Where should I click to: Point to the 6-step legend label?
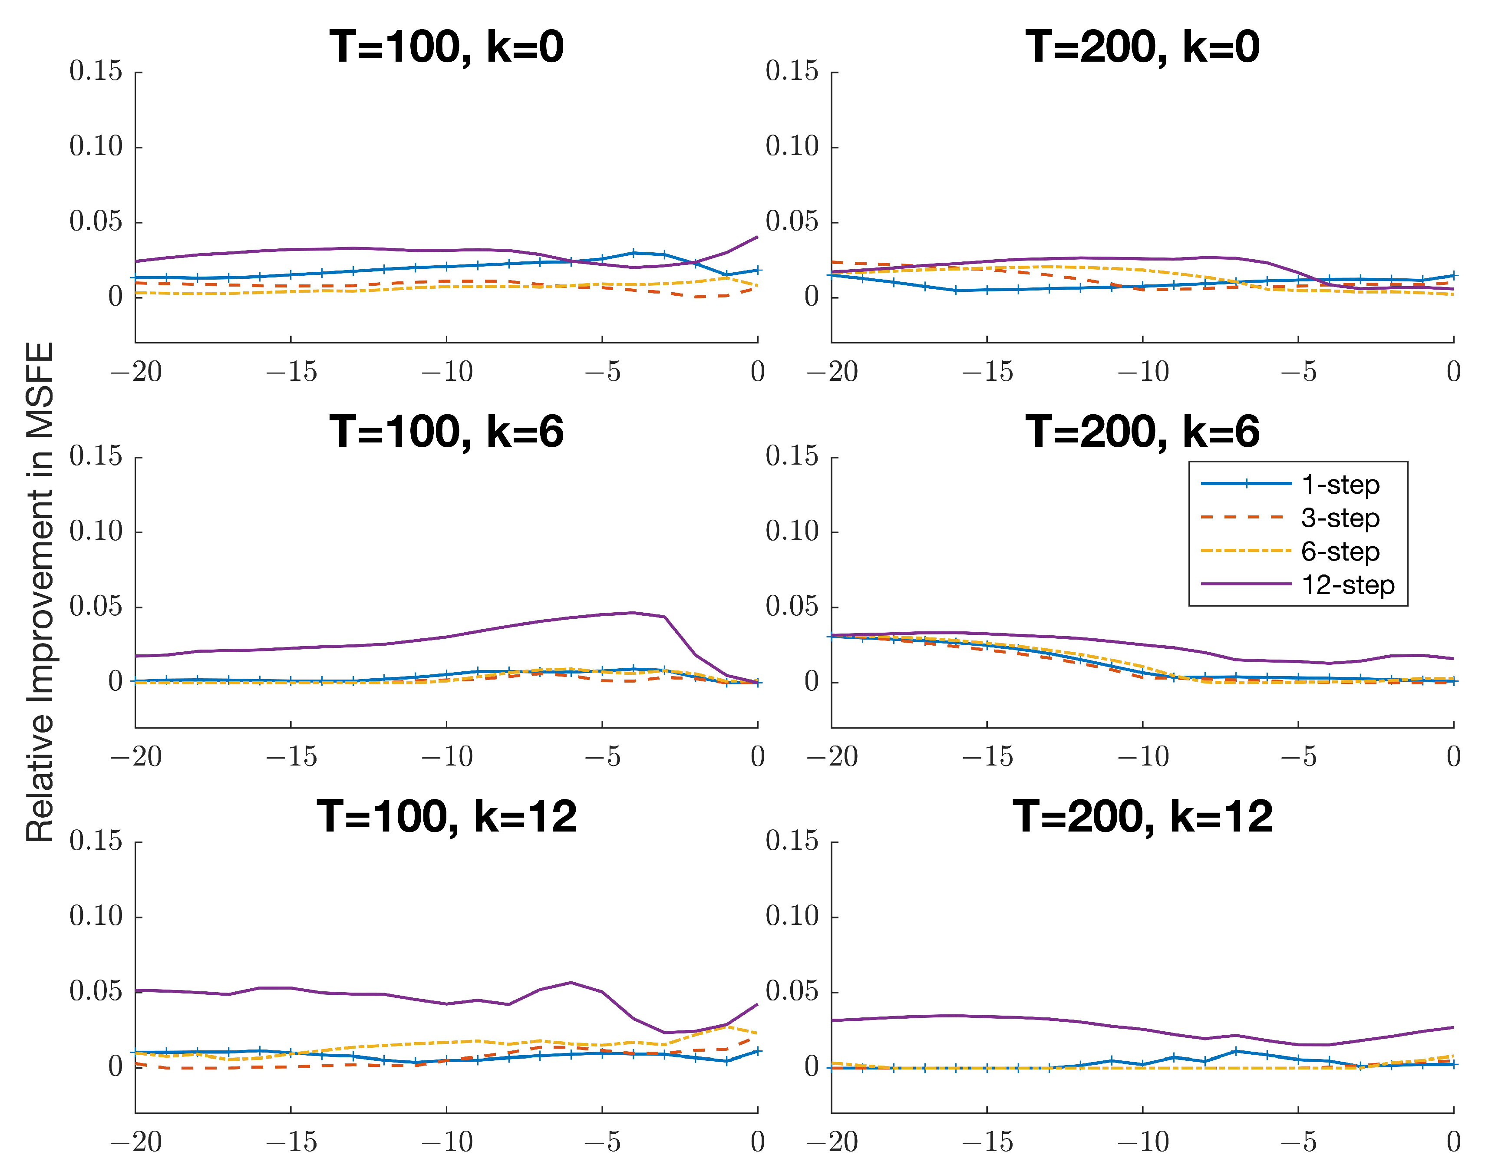point(1340,552)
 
